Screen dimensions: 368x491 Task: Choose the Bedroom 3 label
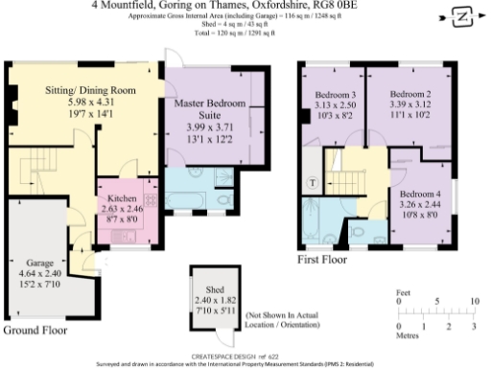tap(335, 95)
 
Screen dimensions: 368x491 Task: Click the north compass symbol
tap(458, 16)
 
